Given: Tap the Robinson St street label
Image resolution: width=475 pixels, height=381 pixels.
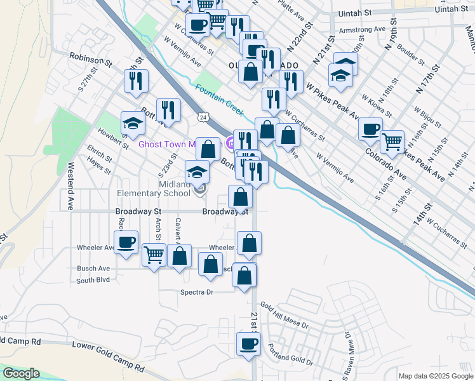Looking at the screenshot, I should [x=91, y=60].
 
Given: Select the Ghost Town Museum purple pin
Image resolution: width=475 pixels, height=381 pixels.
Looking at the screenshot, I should [x=229, y=144].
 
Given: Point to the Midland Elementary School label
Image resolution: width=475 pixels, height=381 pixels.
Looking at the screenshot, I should [x=153, y=189].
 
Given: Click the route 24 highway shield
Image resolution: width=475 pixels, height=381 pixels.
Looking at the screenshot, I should [x=202, y=117].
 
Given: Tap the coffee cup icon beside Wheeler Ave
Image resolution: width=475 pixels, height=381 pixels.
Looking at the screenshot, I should [x=126, y=241].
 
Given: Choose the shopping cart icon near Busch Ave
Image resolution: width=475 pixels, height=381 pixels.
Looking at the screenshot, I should [x=154, y=255].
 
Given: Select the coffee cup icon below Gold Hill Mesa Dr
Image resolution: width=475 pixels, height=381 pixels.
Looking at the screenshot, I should [x=248, y=344].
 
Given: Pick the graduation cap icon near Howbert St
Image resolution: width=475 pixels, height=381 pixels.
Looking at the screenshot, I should [x=133, y=123].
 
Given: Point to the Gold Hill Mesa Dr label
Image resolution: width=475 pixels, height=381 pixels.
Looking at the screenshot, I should [x=283, y=317].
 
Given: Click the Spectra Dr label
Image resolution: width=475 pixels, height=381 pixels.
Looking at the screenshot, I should [x=199, y=292].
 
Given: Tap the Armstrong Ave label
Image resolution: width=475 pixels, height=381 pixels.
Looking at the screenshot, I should [x=363, y=30].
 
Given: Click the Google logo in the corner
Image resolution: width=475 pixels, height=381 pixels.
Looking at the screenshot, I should [x=21, y=373].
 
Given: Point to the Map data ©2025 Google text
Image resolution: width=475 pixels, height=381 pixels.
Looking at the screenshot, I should [x=435, y=376].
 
